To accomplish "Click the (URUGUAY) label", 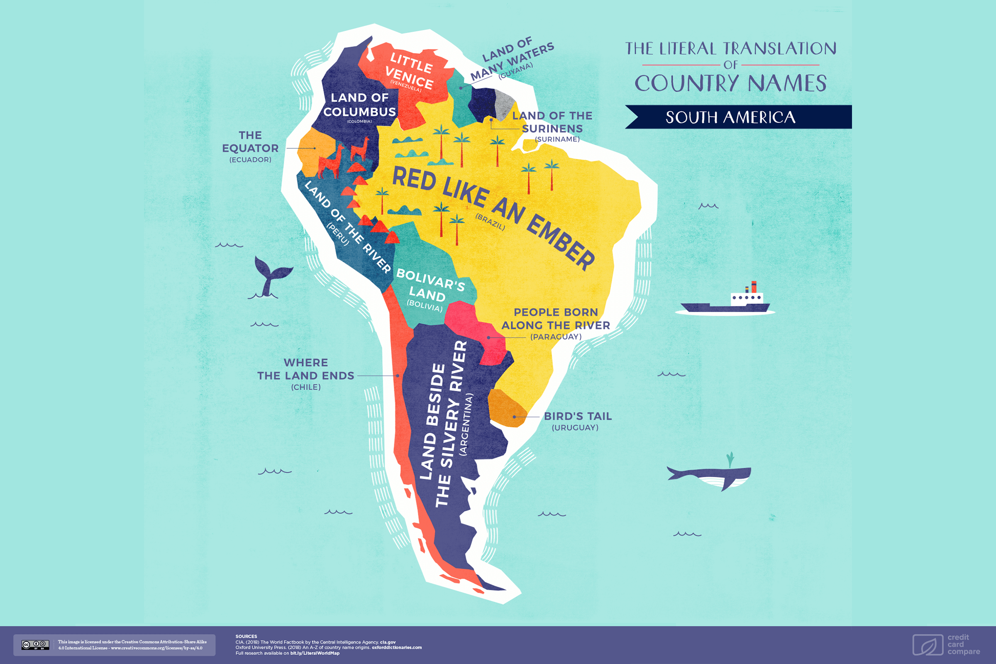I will click(x=575, y=428).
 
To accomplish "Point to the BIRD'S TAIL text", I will click(x=578, y=416).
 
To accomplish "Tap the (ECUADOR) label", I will click(x=250, y=160).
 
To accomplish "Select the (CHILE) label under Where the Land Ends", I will click(x=306, y=387).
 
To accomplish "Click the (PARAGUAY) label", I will click(x=556, y=337).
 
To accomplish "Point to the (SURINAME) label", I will click(x=557, y=139).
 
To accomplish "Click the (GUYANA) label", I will click(x=515, y=71).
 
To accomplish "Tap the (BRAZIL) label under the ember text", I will click(x=490, y=222).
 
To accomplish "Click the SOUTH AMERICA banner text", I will click(x=730, y=117).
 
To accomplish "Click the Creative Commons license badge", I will click(x=36, y=644).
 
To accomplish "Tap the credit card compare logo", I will click(x=946, y=644).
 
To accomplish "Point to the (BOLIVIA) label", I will click(x=425, y=306).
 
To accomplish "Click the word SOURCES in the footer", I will click(x=246, y=636).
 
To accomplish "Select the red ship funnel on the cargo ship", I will click(x=754, y=286).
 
